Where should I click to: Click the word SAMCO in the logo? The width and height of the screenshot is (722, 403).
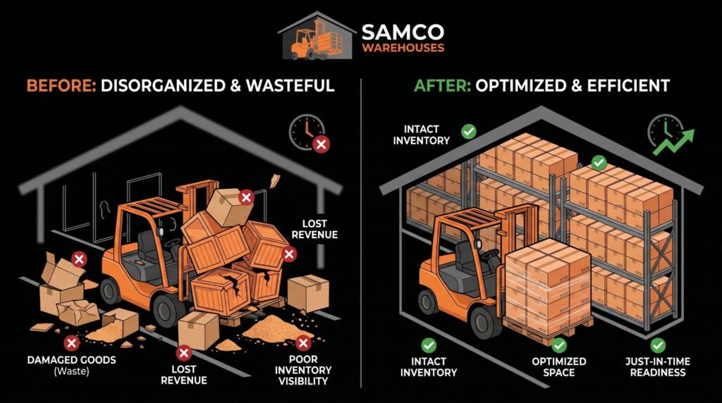403,32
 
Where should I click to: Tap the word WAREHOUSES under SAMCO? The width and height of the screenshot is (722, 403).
403,48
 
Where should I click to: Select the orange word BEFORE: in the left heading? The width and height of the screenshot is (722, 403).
61,85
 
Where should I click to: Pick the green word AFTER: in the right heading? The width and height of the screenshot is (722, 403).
442,85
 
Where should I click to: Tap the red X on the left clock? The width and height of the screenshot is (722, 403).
321,144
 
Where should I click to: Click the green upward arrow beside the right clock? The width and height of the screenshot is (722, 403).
674,142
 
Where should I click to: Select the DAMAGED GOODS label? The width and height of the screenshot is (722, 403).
71,360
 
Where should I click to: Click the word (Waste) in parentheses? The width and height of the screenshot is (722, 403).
71,371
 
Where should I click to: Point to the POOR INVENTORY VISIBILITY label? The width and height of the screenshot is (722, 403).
303,370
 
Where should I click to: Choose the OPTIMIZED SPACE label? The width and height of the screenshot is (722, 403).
559,366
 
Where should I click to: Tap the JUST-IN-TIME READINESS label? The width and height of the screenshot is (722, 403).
658,366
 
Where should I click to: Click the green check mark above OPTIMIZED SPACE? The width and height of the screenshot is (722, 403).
559,345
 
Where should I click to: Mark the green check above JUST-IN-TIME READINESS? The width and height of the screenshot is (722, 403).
658,345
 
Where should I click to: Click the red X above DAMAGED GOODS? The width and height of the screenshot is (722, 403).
71,342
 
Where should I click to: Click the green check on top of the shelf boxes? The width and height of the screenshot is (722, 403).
599,162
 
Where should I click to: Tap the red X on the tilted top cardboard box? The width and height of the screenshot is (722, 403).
246,198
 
